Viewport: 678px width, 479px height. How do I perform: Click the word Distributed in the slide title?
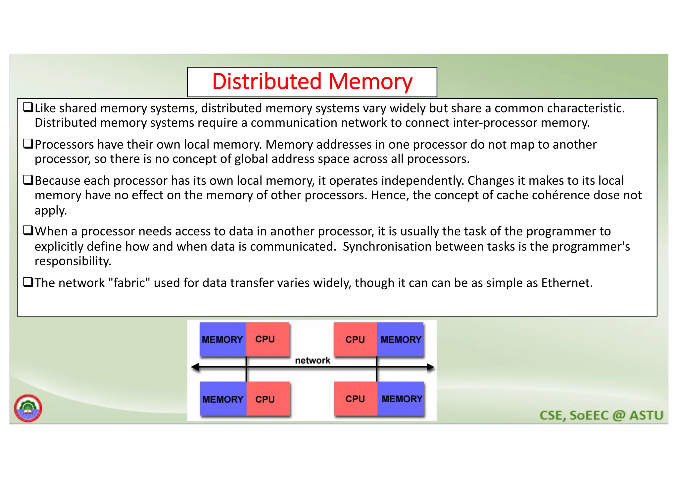click(x=267, y=81)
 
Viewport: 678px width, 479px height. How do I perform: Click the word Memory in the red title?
click(x=370, y=81)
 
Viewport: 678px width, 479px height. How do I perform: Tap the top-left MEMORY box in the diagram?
click(x=222, y=339)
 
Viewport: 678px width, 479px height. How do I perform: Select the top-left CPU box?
click(x=267, y=339)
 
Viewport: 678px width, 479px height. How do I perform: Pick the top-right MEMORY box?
click(x=400, y=339)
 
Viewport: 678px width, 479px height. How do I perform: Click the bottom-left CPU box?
click(x=267, y=399)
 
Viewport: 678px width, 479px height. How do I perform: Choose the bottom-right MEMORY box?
click(x=401, y=399)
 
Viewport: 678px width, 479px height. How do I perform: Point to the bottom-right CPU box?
click(x=355, y=399)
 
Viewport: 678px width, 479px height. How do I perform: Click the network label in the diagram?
click(x=312, y=360)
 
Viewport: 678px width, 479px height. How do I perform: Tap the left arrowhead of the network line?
click(x=195, y=367)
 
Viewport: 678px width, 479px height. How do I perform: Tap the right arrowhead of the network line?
click(x=430, y=367)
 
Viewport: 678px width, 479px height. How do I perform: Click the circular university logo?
click(x=28, y=408)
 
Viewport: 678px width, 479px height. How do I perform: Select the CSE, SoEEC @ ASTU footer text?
click(x=601, y=415)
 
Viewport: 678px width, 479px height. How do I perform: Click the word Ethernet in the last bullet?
click(x=566, y=283)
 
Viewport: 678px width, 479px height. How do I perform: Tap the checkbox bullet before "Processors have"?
click(x=28, y=144)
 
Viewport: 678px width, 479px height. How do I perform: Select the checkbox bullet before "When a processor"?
click(x=28, y=230)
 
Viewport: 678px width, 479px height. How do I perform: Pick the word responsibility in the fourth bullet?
click(x=73, y=261)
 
